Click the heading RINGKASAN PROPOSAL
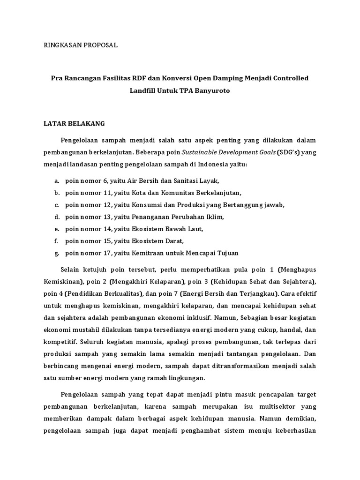[x=81, y=45]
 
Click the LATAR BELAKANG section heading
[x=75, y=123]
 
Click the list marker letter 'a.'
[x=56, y=180]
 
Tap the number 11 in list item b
[x=109, y=193]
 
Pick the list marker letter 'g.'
[x=56, y=253]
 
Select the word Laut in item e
[x=195, y=229]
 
